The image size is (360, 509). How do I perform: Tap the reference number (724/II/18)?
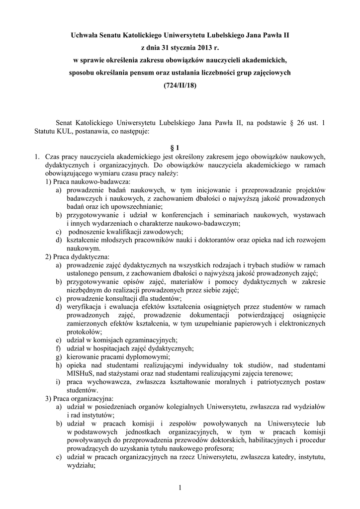(180, 85)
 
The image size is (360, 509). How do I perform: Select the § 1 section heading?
(180, 148)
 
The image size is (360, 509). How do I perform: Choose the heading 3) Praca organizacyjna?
(80, 398)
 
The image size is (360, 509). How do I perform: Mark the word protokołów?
(83, 332)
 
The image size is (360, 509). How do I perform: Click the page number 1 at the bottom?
(180, 488)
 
